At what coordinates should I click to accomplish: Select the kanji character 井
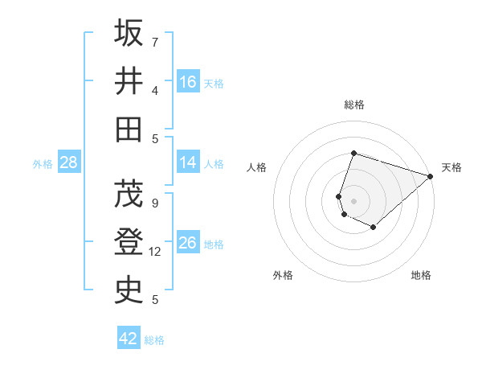129,80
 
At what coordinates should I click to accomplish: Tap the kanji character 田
129,129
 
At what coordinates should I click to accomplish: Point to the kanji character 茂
129,193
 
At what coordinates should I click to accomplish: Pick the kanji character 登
129,241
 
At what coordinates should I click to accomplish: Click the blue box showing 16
188,82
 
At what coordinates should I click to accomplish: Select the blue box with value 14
188,162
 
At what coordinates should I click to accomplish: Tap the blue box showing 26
188,243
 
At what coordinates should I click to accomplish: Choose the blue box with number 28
68,162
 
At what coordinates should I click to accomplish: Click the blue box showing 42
129,339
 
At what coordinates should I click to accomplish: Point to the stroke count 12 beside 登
156,252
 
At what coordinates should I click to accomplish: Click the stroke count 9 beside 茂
155,203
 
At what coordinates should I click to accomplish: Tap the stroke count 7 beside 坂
155,42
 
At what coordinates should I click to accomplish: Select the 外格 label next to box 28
43,164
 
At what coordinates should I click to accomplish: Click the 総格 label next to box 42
154,340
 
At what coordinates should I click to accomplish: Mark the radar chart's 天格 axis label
451,167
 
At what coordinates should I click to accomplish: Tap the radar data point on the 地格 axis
374,228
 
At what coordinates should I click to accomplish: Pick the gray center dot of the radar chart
353,200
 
